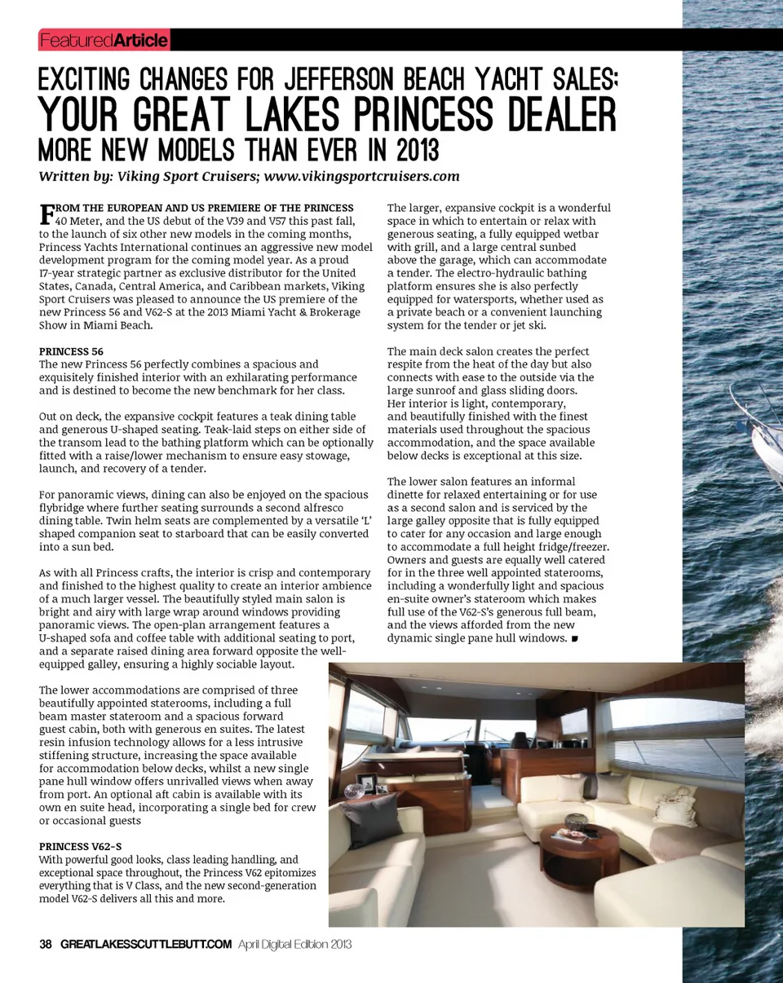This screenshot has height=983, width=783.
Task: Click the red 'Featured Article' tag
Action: click(104, 40)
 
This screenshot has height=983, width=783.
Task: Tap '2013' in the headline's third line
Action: click(412, 151)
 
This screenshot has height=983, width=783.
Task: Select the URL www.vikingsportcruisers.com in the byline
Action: click(361, 176)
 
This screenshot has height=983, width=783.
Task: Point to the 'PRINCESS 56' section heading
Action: click(71, 351)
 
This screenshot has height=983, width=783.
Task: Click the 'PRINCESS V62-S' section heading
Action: click(80, 846)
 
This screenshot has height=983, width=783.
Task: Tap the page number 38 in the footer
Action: click(46, 944)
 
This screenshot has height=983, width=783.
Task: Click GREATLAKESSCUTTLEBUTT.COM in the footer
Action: click(146, 944)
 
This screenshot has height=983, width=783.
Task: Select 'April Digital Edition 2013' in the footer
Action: click(294, 944)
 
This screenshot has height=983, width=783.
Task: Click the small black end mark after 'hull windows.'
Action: click(575, 638)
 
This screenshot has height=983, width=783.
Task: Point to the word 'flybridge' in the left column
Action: click(63, 508)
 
